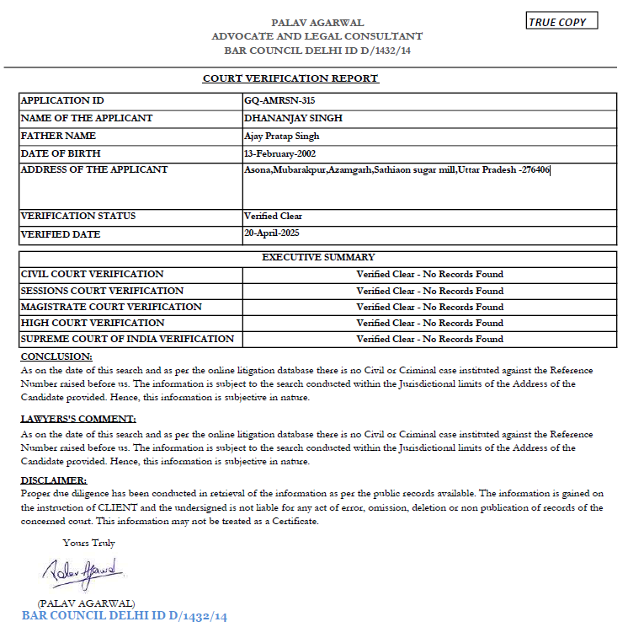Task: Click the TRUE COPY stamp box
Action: pos(561,22)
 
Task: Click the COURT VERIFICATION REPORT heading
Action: pos(290,78)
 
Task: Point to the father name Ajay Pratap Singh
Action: pos(281,136)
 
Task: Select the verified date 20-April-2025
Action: pos(272,233)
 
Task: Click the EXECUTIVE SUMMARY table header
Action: pos(318,257)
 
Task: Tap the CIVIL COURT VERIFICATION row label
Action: pos(92,274)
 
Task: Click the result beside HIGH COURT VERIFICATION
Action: pos(429,323)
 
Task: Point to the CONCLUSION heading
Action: pos(56,357)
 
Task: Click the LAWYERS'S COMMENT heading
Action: pos(78,419)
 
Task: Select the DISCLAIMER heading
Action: pos(53,480)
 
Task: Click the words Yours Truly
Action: pos(88,543)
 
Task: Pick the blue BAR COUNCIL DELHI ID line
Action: pos(125,616)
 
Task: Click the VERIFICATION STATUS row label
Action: pos(77,216)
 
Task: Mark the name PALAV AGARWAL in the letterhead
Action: pos(317,23)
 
